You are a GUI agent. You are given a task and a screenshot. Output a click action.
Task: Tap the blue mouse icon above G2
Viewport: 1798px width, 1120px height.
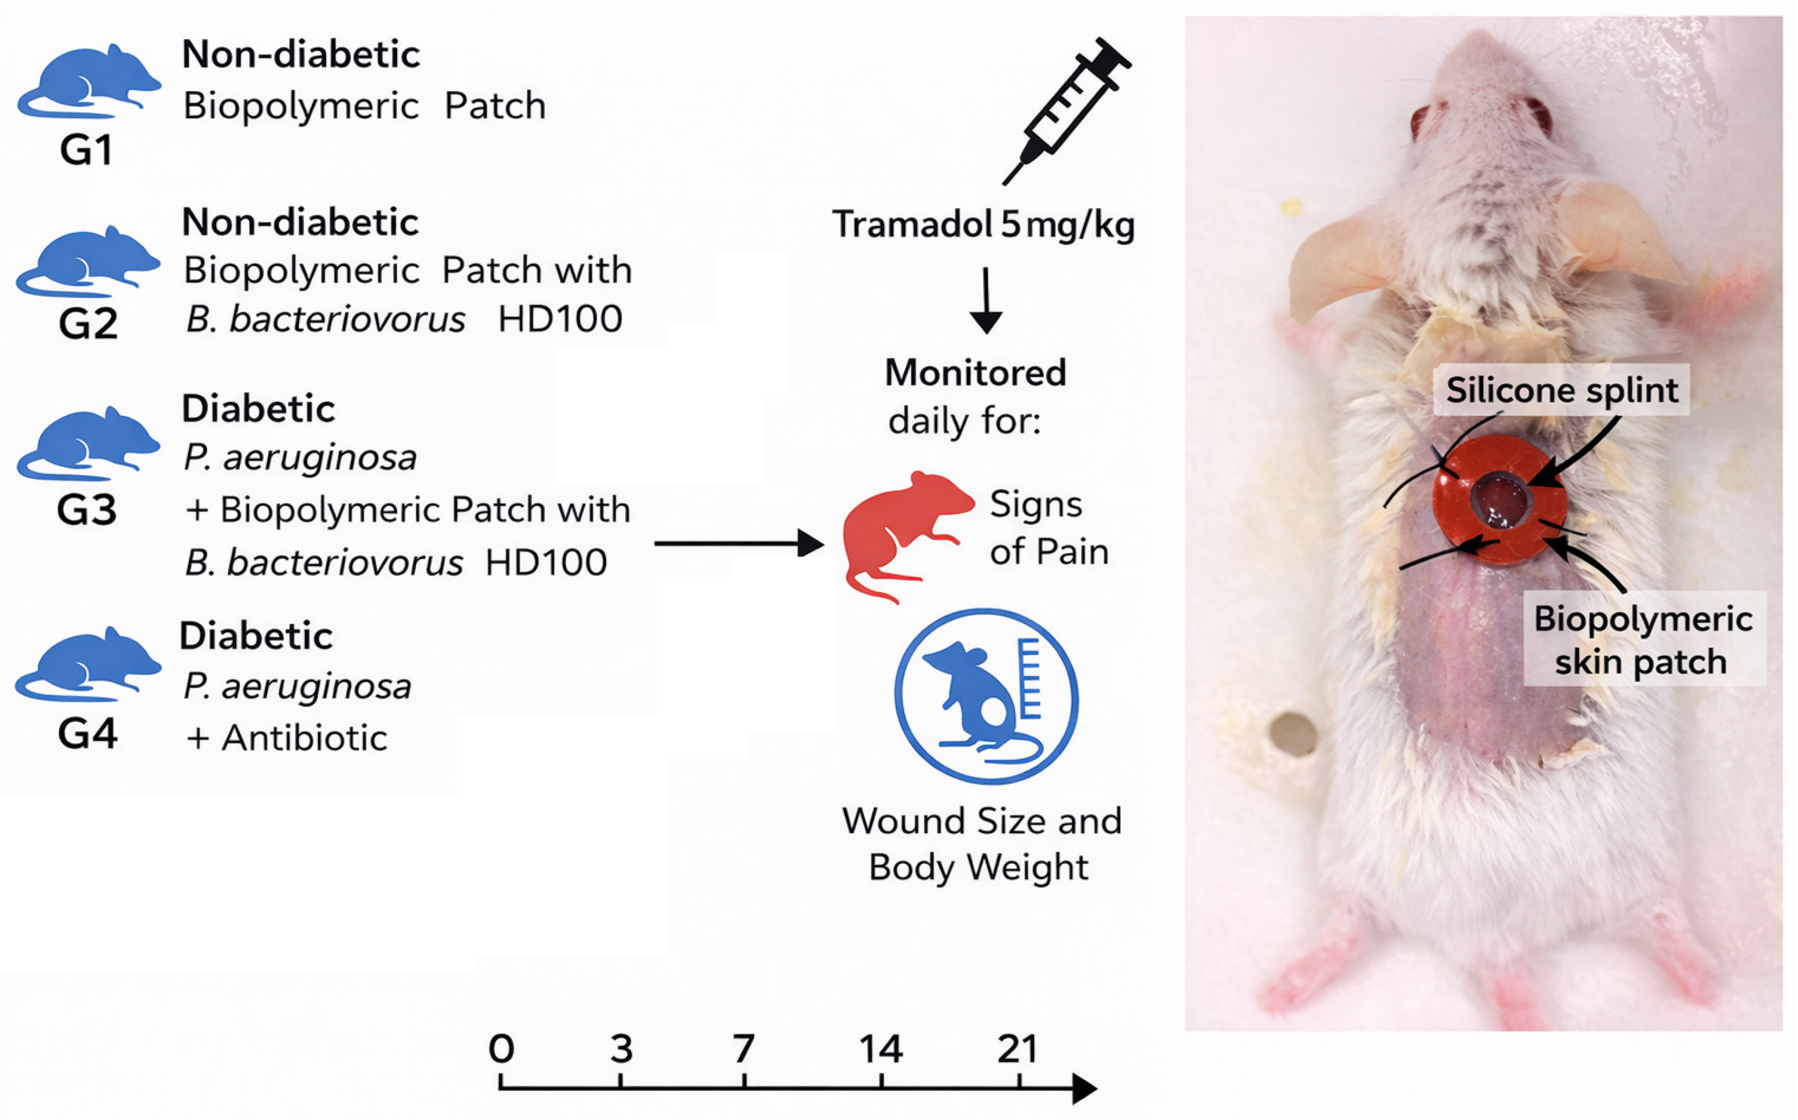point(88,261)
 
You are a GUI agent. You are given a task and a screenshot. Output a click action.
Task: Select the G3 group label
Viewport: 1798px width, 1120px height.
point(87,510)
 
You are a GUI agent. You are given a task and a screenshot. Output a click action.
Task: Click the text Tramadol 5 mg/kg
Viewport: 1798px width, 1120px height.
point(982,224)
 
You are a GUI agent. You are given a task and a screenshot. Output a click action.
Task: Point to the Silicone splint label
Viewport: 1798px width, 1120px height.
point(1562,390)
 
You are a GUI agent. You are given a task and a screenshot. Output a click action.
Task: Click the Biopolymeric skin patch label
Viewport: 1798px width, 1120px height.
point(1643,639)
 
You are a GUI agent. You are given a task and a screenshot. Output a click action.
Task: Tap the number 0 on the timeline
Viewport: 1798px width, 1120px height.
point(501,1049)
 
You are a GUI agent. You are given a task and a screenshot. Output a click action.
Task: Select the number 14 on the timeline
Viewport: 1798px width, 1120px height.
point(881,1049)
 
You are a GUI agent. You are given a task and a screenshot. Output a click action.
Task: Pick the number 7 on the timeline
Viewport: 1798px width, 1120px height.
point(744,1049)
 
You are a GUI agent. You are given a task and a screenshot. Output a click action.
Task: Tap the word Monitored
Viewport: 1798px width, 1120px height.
point(976,372)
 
